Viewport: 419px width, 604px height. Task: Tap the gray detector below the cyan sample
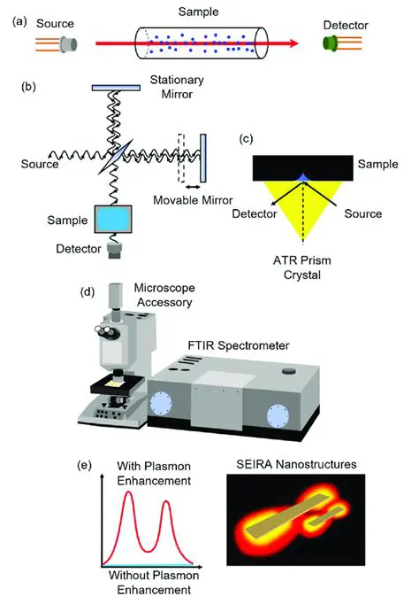point(114,251)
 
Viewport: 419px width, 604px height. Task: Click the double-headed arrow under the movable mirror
point(192,188)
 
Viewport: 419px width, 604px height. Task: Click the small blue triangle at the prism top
point(303,178)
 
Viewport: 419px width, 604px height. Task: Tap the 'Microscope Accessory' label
point(164,296)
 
